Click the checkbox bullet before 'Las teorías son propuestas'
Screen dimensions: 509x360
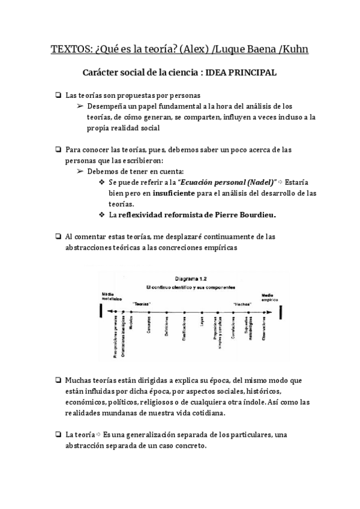coord(57,95)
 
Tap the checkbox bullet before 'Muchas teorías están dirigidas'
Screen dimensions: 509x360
coord(57,381)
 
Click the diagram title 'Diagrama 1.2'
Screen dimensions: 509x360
coord(191,279)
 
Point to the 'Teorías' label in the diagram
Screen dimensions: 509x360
coord(142,304)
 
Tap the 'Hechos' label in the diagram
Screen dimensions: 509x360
coord(242,304)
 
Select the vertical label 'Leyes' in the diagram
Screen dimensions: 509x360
coord(201,325)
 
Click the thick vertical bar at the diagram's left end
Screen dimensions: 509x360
coord(101,312)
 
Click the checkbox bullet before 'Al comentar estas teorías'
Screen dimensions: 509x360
coord(57,236)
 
